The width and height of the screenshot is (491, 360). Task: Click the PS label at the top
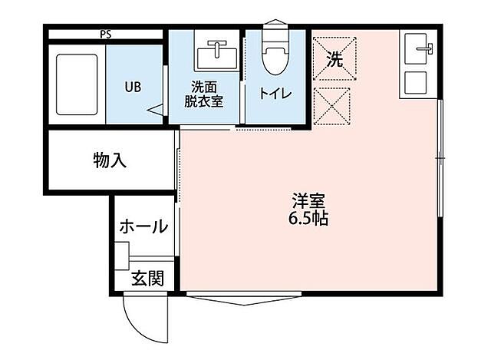click(104, 34)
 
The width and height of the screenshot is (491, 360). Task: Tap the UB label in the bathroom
click(132, 86)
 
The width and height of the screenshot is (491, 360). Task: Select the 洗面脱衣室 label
click(203, 93)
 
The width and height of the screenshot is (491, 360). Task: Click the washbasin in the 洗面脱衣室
click(217, 54)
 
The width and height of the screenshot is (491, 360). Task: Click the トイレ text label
click(275, 94)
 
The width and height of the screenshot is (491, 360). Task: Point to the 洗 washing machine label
click(334, 58)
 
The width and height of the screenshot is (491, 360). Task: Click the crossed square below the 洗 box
click(333, 106)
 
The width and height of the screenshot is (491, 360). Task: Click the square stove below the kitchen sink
click(419, 82)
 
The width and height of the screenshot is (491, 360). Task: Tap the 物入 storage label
click(110, 160)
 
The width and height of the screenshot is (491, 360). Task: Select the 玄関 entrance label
click(147, 279)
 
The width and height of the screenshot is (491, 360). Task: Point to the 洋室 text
click(308, 202)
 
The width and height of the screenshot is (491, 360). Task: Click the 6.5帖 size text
click(308, 219)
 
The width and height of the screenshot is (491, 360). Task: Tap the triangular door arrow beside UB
click(159, 111)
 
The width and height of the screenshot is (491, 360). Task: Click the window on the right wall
click(440, 157)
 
